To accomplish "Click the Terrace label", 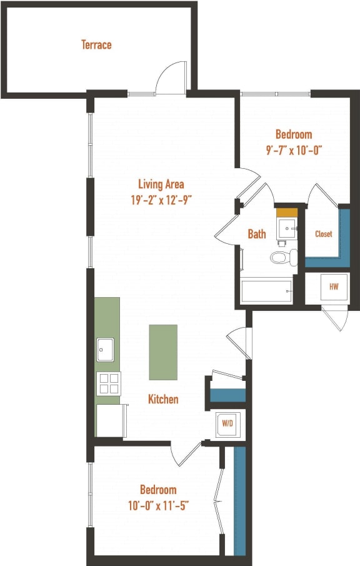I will [96, 45].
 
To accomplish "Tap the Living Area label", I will [161, 184].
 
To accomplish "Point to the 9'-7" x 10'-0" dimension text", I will [294, 150].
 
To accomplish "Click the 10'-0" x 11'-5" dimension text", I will [157, 505].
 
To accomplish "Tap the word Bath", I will [257, 234].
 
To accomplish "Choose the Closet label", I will [323, 234].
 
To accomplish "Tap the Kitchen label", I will [163, 399].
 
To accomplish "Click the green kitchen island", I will [162, 352].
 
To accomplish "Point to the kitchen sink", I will [105, 350].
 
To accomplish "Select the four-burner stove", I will [109, 383].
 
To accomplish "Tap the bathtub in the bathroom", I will [266, 291].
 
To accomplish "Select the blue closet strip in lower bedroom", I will [239, 500].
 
